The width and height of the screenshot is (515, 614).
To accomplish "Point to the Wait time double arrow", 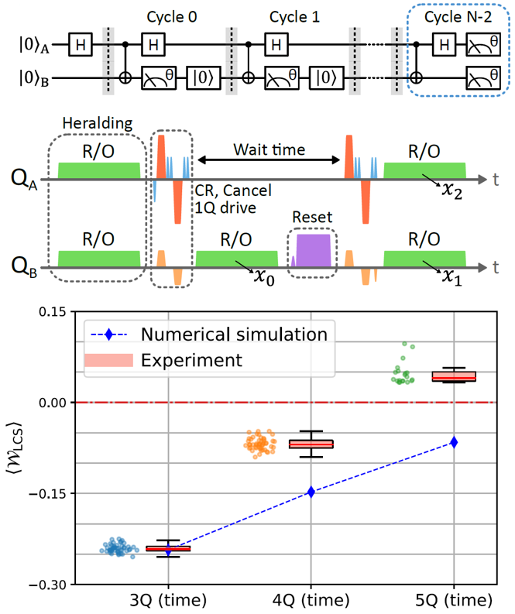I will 269,160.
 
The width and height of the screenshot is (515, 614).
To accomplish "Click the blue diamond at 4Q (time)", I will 311,492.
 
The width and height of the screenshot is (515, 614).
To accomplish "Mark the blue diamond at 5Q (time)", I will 454,442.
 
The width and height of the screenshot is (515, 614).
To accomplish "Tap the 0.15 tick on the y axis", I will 22,312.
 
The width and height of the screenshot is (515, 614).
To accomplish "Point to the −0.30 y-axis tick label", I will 19,584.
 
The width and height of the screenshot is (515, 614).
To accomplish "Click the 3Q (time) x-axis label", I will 169,601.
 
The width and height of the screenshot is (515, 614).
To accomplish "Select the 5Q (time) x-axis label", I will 454,601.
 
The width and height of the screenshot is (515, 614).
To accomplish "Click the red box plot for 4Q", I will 311,444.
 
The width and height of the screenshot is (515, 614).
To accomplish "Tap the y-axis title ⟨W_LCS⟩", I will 12,448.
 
